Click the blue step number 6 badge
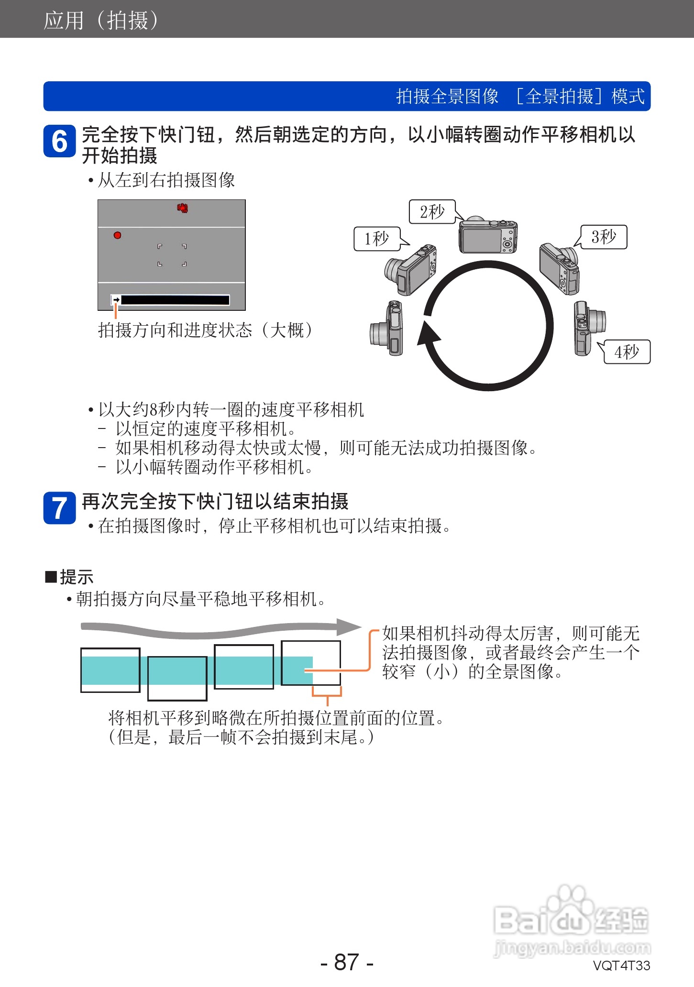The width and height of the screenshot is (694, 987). coord(59,142)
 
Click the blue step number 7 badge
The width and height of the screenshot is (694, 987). coord(59,508)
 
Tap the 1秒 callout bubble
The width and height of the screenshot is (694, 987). coord(377,239)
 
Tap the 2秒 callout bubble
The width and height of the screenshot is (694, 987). coord(432,212)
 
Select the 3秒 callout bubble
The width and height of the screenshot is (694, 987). coord(604,237)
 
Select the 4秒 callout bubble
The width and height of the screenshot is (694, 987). coord(627,352)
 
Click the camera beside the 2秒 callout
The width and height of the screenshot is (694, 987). coord(488,236)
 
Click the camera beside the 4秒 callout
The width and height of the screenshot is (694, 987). coord(589,328)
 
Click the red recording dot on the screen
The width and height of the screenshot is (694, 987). coord(117,235)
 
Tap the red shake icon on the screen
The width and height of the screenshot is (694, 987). coord(182,208)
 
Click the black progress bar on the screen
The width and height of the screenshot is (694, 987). coord(175,300)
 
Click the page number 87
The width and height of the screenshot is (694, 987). coord(347,962)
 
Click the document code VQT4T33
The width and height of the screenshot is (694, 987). coord(621,965)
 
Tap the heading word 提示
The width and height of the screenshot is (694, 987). coord(76,577)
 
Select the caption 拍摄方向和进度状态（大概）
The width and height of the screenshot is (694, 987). coord(206,330)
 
